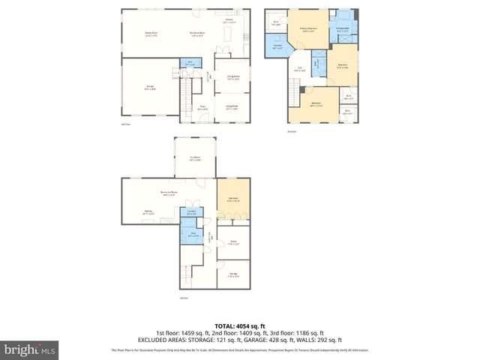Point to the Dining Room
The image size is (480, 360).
click(x=232, y=77)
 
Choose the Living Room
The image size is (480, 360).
click(x=232, y=106)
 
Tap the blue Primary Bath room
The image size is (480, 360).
click(x=342, y=30)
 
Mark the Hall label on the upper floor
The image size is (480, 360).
click(x=298, y=69)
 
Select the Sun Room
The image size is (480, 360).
click(x=195, y=159)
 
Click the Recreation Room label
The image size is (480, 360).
click(x=169, y=193)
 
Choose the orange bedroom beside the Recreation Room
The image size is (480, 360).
click(x=232, y=199)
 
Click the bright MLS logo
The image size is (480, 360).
click(x=30, y=349)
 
